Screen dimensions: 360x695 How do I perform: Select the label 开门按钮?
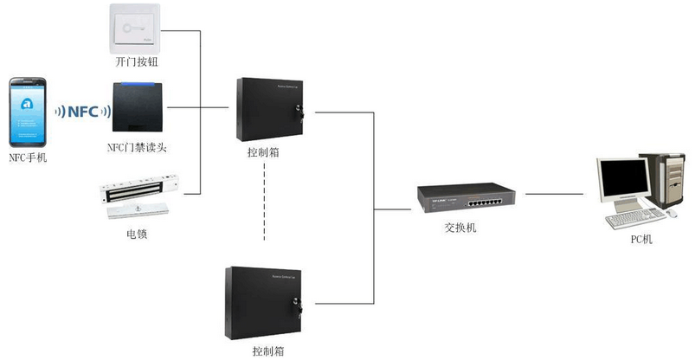(136, 63)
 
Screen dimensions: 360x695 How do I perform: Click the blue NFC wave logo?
(84, 111)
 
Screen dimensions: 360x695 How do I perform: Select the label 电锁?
(137, 234)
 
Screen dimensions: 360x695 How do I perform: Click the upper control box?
(270, 109)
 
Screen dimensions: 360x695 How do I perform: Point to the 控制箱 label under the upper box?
(263, 153)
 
